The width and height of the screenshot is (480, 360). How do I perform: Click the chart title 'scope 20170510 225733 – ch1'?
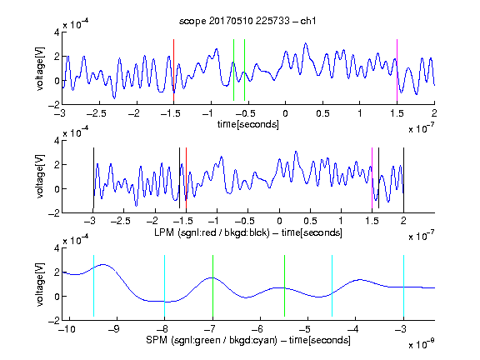(247, 21)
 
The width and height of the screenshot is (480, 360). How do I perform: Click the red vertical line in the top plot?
(173, 70)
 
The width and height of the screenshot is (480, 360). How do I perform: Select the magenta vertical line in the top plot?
(397, 70)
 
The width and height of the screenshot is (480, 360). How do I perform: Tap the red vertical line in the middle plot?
(186, 178)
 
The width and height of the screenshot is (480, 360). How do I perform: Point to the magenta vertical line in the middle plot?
(372, 178)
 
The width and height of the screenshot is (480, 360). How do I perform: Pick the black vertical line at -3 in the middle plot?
(93, 178)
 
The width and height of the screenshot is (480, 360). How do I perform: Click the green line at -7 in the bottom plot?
(212, 286)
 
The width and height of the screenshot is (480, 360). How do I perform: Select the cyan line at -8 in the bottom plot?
(165, 286)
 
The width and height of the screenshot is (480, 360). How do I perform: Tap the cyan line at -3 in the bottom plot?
(403, 286)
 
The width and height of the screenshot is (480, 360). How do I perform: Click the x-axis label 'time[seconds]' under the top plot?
(248, 125)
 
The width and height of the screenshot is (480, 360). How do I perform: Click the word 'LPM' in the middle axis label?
(164, 232)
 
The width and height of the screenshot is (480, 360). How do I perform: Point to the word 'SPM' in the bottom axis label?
(157, 340)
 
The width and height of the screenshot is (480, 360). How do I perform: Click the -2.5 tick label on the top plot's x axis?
(97, 113)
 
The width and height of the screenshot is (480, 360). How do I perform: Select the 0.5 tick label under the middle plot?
(310, 221)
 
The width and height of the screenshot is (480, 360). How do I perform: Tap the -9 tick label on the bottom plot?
(114, 329)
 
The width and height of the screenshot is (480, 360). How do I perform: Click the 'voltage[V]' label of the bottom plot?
(40, 285)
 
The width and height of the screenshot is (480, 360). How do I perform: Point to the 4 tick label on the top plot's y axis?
(57, 32)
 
